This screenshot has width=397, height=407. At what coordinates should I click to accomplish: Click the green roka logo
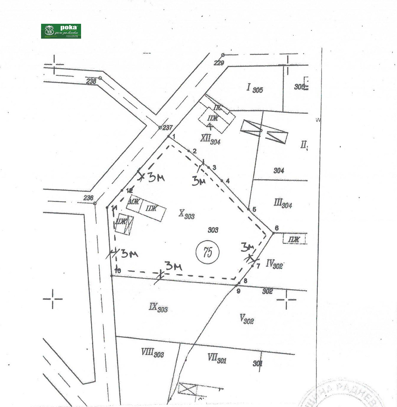(61, 31)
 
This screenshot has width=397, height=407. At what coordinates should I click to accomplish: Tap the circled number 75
(208, 252)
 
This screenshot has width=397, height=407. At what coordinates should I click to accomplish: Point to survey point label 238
(91, 81)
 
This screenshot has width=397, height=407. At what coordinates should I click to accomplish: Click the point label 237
(167, 128)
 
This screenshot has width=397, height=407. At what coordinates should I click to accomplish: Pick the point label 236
(88, 198)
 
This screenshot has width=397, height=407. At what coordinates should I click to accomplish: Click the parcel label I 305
(255, 88)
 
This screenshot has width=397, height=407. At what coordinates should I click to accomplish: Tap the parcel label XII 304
(210, 139)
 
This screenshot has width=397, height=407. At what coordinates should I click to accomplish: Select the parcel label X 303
(186, 214)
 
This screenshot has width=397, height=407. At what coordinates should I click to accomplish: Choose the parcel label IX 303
(158, 308)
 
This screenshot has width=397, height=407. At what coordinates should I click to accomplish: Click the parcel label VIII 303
(152, 353)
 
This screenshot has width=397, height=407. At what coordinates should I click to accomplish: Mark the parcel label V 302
(246, 319)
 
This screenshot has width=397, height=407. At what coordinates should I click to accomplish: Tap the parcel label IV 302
(274, 264)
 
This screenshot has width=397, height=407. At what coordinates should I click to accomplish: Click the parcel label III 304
(283, 204)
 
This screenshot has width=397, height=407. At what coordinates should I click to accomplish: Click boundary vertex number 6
(273, 233)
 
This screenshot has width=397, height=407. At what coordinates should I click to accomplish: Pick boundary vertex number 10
(112, 276)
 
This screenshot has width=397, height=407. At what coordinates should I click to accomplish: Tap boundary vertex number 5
(249, 209)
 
